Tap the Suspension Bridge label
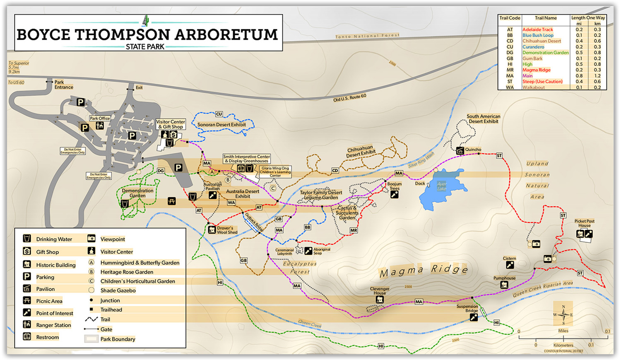click(467, 308)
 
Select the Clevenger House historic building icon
click(379, 300)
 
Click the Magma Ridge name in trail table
click(536, 70)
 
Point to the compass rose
click(563, 315)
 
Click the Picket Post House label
click(584, 223)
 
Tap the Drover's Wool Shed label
click(227, 230)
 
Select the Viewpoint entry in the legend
click(112, 239)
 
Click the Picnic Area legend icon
click(27, 301)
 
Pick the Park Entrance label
click(64, 85)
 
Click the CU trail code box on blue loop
click(219, 114)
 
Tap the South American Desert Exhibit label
click(483, 119)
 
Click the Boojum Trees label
click(394, 186)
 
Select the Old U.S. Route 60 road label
click(350, 98)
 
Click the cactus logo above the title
click(145, 20)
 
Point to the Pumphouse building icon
click(504, 285)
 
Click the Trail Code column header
click(510, 18)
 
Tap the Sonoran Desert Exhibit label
click(221, 125)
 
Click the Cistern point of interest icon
click(510, 265)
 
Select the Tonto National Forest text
click(367, 36)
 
